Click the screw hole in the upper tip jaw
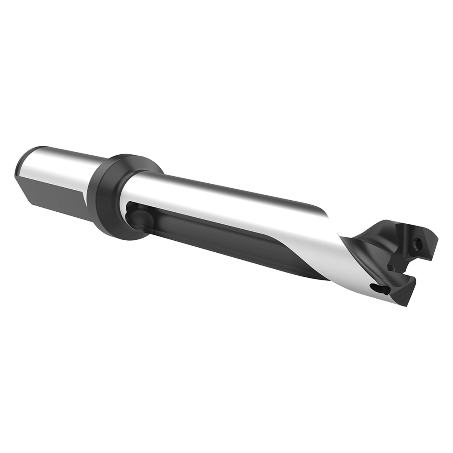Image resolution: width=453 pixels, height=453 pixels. [419, 243]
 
